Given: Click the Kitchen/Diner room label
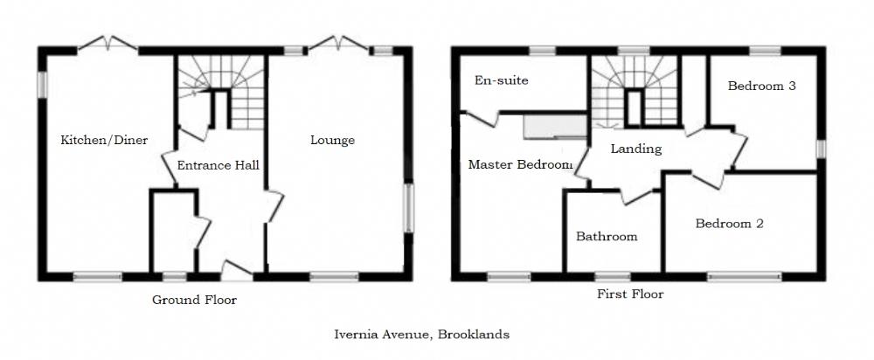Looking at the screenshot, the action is click(x=104, y=140).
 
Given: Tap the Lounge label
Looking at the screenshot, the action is click(x=333, y=141).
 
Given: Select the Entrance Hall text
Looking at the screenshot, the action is click(x=218, y=165).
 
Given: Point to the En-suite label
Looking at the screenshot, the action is click(x=501, y=80).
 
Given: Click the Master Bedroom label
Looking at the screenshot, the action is click(x=521, y=164).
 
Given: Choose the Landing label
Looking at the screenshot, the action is click(x=636, y=149).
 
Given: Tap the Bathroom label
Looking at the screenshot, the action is click(x=607, y=236).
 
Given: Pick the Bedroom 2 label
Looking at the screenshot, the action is click(x=729, y=224).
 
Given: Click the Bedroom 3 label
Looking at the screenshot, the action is click(x=762, y=86).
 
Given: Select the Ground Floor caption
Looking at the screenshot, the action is click(x=195, y=300).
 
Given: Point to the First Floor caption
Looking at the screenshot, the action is click(x=630, y=294).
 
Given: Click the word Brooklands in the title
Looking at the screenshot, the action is click(x=473, y=335).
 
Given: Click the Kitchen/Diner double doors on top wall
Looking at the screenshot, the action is click(x=108, y=45).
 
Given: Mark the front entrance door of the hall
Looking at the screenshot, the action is click(x=237, y=271).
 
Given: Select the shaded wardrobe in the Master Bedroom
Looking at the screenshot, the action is click(x=555, y=127).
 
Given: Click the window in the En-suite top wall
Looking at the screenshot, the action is click(x=543, y=51).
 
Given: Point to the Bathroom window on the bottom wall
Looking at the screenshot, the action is click(x=613, y=276).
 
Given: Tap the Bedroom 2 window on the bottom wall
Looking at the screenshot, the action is click(x=745, y=276).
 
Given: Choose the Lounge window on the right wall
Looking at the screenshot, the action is click(x=408, y=208).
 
